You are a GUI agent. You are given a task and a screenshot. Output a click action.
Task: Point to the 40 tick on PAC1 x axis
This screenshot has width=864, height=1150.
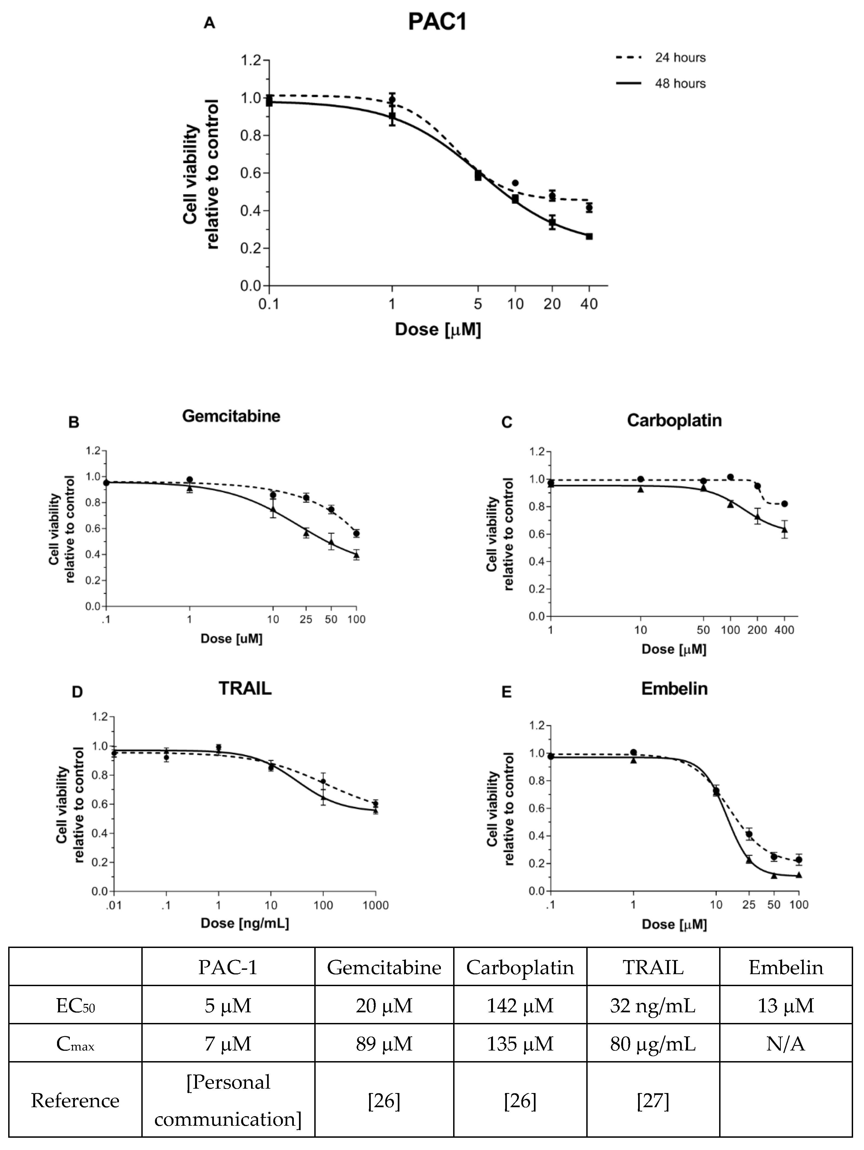[x=589, y=304]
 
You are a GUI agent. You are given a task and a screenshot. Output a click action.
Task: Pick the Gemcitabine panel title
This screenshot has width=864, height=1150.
[x=231, y=416]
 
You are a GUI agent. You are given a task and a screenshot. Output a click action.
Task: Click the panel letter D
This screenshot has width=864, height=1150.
[x=77, y=693]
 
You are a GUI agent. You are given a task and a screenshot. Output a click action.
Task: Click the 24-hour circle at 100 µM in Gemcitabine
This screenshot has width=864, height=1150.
[x=356, y=533]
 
